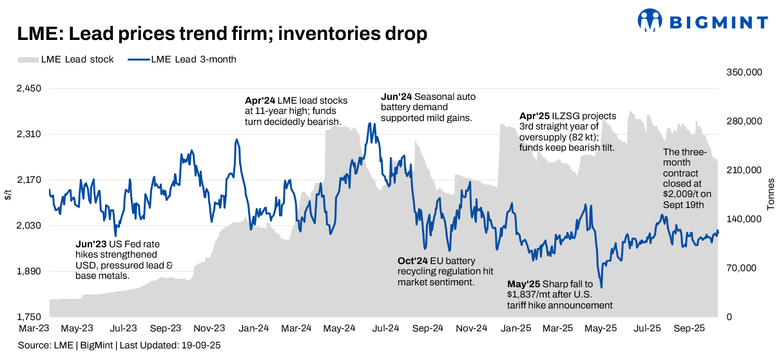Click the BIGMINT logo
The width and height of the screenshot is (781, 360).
click(702, 21)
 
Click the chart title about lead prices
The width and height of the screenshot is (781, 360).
click(222, 33)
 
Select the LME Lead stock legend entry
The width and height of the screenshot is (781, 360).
click(66, 59)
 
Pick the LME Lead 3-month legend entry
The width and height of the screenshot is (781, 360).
click(182, 59)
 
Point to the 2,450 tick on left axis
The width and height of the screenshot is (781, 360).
click(28, 89)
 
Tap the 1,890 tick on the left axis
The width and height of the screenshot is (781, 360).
click(28, 272)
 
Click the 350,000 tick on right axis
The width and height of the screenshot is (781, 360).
click(744, 73)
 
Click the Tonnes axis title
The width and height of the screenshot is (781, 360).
click(771, 194)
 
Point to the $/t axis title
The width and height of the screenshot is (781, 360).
click(8, 194)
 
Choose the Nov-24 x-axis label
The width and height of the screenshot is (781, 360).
click(472, 328)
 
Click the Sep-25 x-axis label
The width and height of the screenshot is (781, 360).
click(688, 328)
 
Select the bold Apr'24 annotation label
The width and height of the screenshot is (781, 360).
click(260, 100)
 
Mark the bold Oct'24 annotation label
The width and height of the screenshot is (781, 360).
click(413, 261)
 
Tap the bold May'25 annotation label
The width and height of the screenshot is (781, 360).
click(524, 284)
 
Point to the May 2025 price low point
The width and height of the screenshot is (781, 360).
click(601, 287)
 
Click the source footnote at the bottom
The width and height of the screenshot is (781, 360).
click(119, 346)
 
